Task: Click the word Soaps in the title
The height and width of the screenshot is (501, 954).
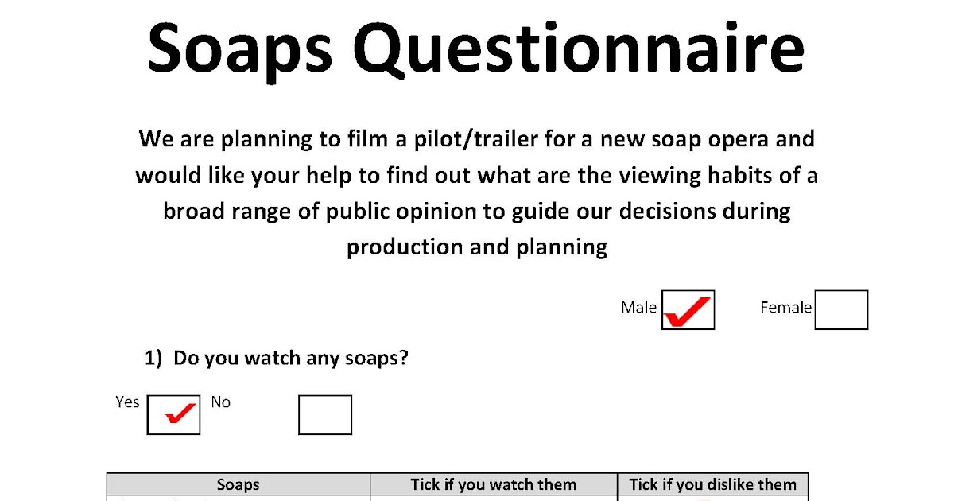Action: pos(239,49)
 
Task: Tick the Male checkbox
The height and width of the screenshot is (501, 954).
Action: pos(688,310)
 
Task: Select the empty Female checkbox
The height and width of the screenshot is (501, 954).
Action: pos(841,310)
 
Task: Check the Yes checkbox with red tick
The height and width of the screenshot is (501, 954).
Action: pos(173,415)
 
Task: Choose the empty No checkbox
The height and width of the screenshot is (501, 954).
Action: pos(324,415)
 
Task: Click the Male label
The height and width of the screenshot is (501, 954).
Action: pos(638,308)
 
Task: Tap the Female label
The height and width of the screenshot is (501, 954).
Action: pos(785,308)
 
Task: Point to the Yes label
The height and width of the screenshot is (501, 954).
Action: pos(127,402)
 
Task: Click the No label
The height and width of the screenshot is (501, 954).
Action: pos(220,402)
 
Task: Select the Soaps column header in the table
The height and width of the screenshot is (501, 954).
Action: pos(238,484)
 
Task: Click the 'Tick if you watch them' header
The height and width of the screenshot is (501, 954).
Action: pos(493,484)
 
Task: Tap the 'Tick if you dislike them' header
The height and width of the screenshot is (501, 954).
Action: pos(712,484)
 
